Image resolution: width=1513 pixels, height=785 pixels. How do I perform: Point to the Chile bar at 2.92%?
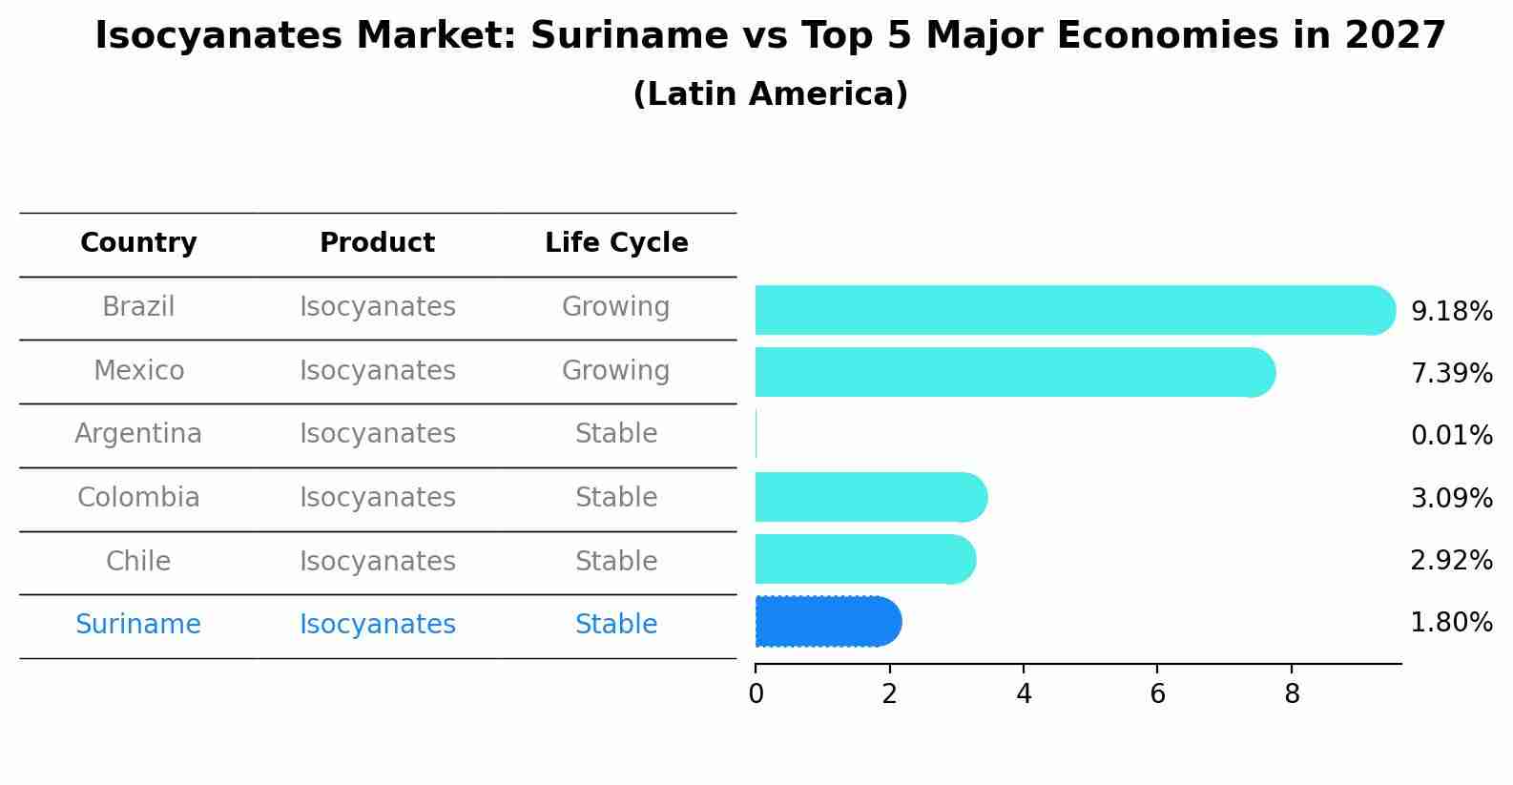point(864,559)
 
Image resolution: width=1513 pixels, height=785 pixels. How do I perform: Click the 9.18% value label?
point(1451,312)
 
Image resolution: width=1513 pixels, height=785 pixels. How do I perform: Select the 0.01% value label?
point(1451,436)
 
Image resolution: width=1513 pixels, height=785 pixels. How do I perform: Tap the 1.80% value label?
point(1451,623)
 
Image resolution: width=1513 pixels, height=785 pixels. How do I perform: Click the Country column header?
point(138,243)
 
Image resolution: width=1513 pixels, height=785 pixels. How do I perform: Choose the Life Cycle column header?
point(616,243)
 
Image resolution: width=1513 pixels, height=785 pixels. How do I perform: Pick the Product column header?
point(377,243)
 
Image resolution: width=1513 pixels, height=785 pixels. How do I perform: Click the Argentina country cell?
point(138,434)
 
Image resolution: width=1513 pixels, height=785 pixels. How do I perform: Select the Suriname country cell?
point(138,625)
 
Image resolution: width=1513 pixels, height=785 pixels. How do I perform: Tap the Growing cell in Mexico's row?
point(616,370)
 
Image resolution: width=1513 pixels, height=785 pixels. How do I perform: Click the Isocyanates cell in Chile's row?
point(377,561)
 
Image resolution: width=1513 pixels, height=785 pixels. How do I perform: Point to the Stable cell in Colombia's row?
point(616,498)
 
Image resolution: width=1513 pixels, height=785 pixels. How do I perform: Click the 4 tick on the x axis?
point(1024,694)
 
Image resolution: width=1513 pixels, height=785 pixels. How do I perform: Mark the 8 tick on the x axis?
point(1292,694)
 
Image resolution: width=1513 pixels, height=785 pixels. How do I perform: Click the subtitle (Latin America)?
point(770,94)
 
